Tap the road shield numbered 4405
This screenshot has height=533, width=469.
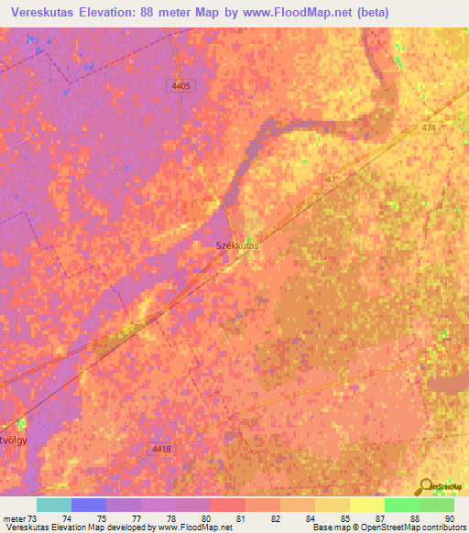coord(180,85)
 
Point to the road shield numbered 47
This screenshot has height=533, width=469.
coord(332,180)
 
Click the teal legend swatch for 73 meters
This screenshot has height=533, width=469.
coord(54,505)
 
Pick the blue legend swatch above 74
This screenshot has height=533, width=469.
coord(89,505)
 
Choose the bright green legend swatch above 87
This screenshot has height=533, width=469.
coord(402,505)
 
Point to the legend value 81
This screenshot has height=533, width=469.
coord(240,518)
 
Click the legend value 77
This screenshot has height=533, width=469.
coord(136,518)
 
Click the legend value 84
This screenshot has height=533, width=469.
coord(309,518)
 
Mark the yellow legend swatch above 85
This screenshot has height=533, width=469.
coord(333,505)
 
